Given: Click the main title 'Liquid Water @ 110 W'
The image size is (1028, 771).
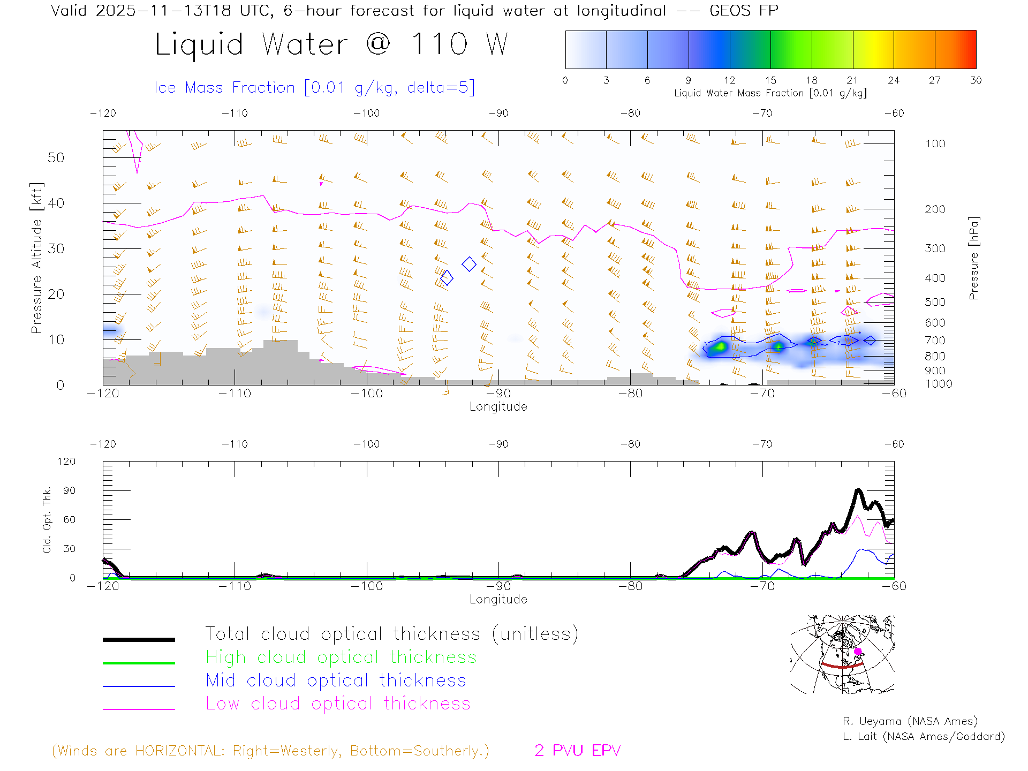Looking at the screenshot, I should point(331,44).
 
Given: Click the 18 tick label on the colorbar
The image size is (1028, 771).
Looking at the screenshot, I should point(811,80).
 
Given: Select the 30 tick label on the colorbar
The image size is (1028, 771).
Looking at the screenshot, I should point(976,80).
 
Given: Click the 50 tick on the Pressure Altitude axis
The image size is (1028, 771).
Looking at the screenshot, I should point(56,157).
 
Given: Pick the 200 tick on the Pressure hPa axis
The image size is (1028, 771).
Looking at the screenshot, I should point(935,209).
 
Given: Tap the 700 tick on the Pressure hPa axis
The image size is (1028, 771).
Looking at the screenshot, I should point(935,341).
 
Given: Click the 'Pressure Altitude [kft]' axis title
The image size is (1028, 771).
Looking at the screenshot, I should point(36,258).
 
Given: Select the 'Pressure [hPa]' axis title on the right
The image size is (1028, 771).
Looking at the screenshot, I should point(973,258).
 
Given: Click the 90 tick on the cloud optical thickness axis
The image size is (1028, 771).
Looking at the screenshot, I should point(70,490).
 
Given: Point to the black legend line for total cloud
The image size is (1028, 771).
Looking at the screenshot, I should point(139,639).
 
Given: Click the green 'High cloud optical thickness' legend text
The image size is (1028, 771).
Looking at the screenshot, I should point(341,657).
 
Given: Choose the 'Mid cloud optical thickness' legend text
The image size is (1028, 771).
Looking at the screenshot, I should point(336,681).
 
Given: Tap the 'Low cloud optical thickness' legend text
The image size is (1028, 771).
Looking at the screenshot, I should point(338,704).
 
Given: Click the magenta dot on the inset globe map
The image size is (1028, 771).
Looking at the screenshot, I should point(858,652).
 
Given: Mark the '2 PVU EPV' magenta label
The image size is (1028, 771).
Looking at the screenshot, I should point(577,751).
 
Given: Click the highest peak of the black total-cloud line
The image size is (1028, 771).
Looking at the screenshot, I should point(858,490).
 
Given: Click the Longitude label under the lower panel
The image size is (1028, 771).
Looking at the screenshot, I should point(498,599).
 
